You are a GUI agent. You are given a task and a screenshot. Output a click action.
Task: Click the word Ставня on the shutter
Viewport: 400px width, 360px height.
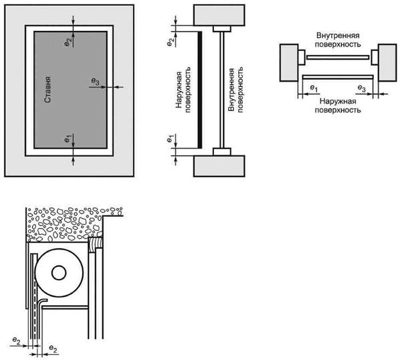click(x=47, y=89)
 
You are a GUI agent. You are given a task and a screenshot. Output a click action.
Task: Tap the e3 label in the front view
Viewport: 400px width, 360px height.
click(x=95, y=82)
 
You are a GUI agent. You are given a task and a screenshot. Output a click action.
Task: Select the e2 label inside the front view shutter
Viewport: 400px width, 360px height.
click(x=68, y=43)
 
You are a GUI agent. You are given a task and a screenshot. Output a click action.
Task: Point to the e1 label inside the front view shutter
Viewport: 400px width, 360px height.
click(x=68, y=139)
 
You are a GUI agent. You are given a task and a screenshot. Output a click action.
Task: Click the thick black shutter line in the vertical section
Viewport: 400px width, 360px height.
click(x=200, y=90)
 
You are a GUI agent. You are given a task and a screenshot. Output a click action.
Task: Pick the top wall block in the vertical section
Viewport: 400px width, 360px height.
click(x=219, y=15)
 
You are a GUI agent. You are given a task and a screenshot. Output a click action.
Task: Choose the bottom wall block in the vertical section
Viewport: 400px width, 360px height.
click(x=219, y=166)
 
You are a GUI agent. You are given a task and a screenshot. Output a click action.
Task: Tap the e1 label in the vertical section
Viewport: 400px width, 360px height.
click(x=170, y=139)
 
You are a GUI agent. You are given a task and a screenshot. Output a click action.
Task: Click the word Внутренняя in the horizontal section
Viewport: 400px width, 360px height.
click(x=338, y=35)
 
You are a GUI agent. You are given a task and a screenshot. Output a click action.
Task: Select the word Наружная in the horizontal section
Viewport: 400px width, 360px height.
click(x=338, y=101)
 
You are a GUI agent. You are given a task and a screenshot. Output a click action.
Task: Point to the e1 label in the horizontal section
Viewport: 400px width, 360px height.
click(x=314, y=88)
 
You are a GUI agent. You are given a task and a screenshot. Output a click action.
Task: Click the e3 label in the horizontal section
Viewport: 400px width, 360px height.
click(x=361, y=88)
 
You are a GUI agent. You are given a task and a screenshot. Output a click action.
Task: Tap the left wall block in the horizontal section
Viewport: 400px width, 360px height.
click(x=289, y=63)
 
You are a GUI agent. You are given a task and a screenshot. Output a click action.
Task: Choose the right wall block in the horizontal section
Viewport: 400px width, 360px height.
click(x=387, y=63)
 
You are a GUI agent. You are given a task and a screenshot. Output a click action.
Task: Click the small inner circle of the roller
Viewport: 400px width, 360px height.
click(x=59, y=273)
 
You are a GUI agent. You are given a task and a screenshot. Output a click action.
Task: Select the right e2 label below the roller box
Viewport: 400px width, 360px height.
click(x=53, y=349)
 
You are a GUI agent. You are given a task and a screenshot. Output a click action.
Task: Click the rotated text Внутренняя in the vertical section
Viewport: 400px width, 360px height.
click(x=231, y=90)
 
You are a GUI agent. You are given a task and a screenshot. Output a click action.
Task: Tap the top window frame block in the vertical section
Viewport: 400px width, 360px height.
click(x=222, y=29)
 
